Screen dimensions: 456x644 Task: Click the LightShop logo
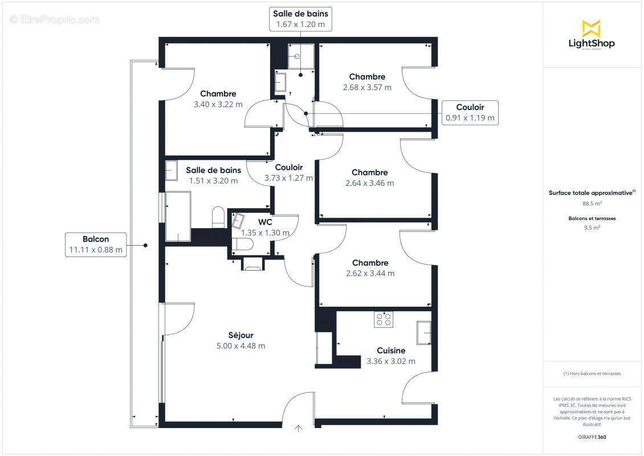click(592, 35)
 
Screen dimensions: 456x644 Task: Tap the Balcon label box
click(95, 245)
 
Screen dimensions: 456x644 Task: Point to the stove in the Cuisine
click(383, 320)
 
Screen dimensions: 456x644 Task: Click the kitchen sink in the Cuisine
click(423, 333)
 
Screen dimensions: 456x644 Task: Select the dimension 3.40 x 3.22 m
click(218, 104)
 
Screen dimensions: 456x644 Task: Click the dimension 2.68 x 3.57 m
click(367, 87)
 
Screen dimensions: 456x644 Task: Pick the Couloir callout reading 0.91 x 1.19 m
click(470, 113)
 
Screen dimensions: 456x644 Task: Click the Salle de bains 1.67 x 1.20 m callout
click(300, 19)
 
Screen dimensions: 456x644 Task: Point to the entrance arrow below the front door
click(299, 429)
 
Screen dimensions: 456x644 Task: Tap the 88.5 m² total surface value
click(592, 202)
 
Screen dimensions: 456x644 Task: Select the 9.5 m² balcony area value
click(592, 227)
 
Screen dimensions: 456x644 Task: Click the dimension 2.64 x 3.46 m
click(369, 183)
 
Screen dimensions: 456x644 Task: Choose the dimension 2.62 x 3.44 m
click(370, 273)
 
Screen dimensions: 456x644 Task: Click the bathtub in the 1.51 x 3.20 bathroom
click(178, 217)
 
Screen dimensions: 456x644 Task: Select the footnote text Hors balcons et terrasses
click(592, 373)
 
